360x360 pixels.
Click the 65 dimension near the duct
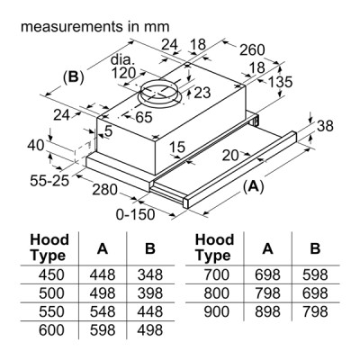coord(144,116)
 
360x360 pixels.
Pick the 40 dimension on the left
coord(35,145)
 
